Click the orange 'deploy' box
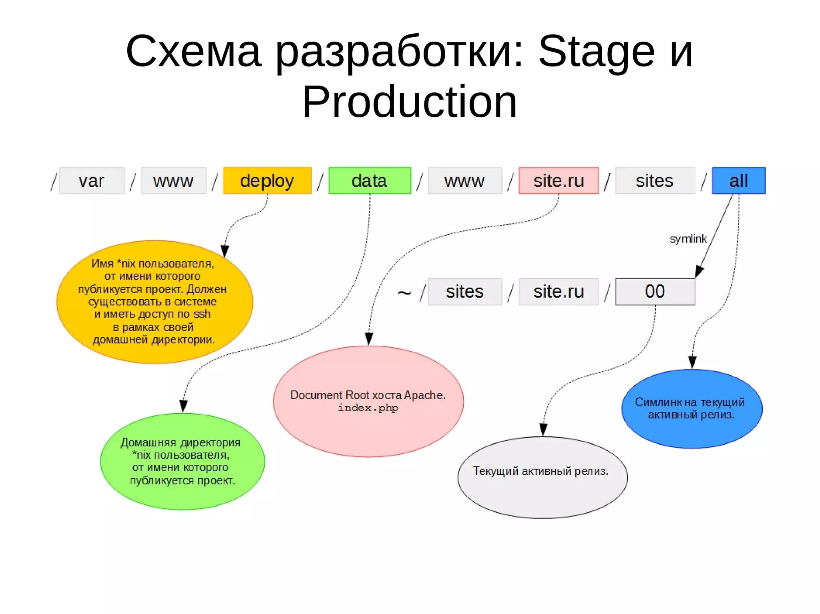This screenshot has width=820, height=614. pyautogui.click(x=267, y=181)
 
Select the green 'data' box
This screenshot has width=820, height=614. pyautogui.click(x=370, y=181)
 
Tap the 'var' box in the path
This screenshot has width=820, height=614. pyautogui.click(x=92, y=181)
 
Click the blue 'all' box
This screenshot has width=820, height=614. pyautogui.click(x=738, y=181)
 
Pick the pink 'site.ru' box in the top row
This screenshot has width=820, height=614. pyautogui.click(x=559, y=181)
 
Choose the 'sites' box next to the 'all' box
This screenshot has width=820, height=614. pyautogui.click(x=655, y=181)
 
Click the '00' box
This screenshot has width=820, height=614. pyautogui.click(x=655, y=292)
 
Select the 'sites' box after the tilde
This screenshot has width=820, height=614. pyautogui.click(x=465, y=292)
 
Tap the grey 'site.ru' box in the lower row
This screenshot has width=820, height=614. pyautogui.click(x=559, y=292)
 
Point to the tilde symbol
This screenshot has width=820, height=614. pyautogui.click(x=404, y=293)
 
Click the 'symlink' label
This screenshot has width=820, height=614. pyautogui.click(x=688, y=239)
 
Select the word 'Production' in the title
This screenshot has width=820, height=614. pyautogui.click(x=410, y=102)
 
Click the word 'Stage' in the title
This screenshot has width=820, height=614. pyautogui.click(x=597, y=51)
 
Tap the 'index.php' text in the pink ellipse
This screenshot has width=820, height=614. pyautogui.click(x=368, y=408)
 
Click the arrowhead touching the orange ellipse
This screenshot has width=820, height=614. pyautogui.click(x=225, y=251)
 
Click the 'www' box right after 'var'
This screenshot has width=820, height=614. pyautogui.click(x=173, y=181)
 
